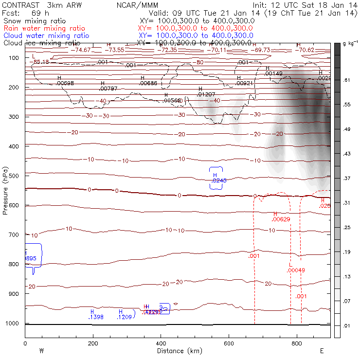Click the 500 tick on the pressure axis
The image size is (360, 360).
15,175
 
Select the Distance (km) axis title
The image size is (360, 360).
177,351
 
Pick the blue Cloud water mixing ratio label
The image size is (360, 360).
46,36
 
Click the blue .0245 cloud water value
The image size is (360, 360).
216,180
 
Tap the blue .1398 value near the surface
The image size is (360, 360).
96,317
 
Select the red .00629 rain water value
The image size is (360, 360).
281,220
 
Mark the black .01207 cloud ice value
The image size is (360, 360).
206,94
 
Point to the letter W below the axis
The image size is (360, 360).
41,351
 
